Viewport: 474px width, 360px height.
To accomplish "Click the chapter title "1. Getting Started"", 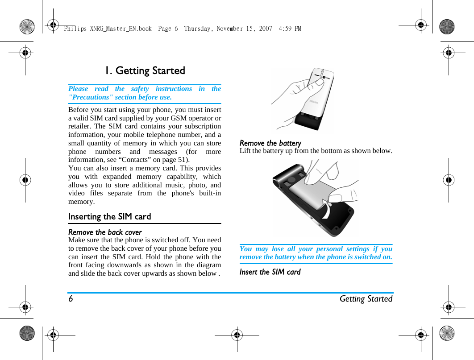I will click(x=145, y=70).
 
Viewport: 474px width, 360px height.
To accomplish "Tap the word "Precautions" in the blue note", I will click(x=89, y=97).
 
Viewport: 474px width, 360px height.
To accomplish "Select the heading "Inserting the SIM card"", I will click(x=109, y=216).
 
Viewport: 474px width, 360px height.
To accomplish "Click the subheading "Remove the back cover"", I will click(x=105, y=232).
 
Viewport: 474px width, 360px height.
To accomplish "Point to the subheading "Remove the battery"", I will click(x=270, y=143).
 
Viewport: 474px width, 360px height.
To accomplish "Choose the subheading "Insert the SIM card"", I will click(x=270, y=272).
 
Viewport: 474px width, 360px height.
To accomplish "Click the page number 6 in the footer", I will click(x=71, y=299).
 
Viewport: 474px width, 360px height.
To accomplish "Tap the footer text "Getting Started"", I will click(x=366, y=299).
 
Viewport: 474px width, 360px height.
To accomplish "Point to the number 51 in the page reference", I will click(x=181, y=160).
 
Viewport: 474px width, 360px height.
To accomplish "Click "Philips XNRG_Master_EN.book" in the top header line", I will click(x=108, y=29).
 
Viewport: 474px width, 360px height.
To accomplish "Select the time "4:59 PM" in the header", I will click(x=290, y=29).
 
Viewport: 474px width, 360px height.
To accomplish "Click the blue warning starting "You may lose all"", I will click(x=316, y=253).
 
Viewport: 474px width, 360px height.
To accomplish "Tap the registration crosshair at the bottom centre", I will click(x=237, y=334).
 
